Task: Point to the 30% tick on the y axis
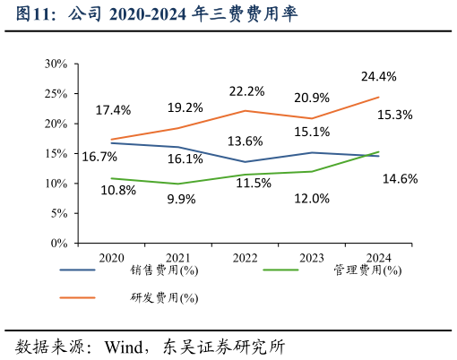[56, 64]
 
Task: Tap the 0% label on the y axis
[59, 243]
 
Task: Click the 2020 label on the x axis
[111, 258]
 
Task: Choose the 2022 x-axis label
[245, 258]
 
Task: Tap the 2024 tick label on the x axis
[378, 258]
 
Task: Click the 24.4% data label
[378, 76]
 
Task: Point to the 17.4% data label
[113, 110]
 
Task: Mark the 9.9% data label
[181, 199]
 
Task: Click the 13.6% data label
[245, 141]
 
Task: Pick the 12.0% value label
[312, 199]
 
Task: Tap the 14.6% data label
[400, 178]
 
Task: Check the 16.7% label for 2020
[99, 157]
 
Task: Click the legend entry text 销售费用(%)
[164, 270]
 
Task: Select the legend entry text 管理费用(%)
[366, 270]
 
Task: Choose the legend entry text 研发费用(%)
[164, 297]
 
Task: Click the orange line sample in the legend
[78, 297]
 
